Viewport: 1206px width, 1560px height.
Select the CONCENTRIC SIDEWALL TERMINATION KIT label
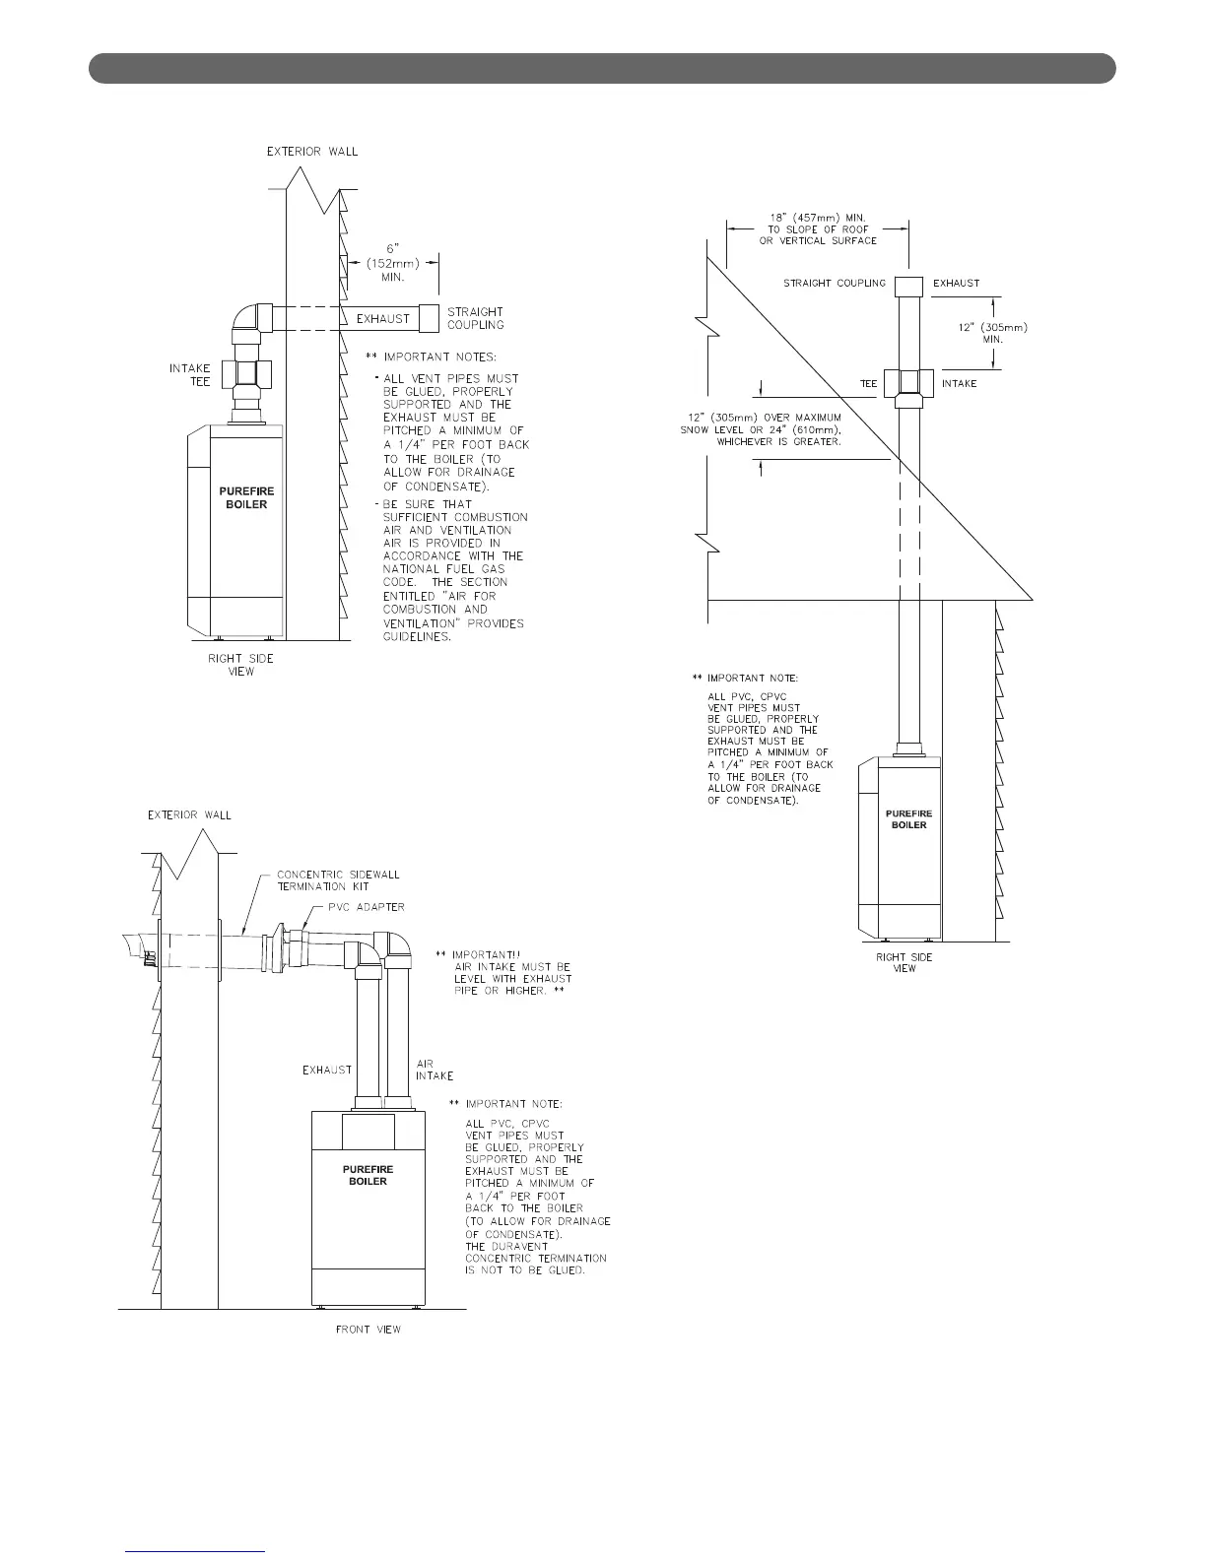(337, 880)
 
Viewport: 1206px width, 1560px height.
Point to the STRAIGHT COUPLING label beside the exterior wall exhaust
(475, 318)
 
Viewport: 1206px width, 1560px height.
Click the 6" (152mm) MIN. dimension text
(387, 263)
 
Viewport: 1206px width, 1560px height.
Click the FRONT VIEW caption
(368, 1330)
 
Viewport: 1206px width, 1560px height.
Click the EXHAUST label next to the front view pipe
(327, 1070)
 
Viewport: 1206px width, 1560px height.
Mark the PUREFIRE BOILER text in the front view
(368, 1175)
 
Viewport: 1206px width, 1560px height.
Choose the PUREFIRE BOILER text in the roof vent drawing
(908, 818)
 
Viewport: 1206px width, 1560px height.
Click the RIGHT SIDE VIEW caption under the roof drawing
(904, 962)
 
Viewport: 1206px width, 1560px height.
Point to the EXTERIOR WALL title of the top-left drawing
(313, 152)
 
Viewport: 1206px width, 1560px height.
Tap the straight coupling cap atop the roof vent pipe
(906, 285)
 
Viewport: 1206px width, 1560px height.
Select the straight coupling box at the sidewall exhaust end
(429, 318)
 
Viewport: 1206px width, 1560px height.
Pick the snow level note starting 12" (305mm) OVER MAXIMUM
(761, 429)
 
